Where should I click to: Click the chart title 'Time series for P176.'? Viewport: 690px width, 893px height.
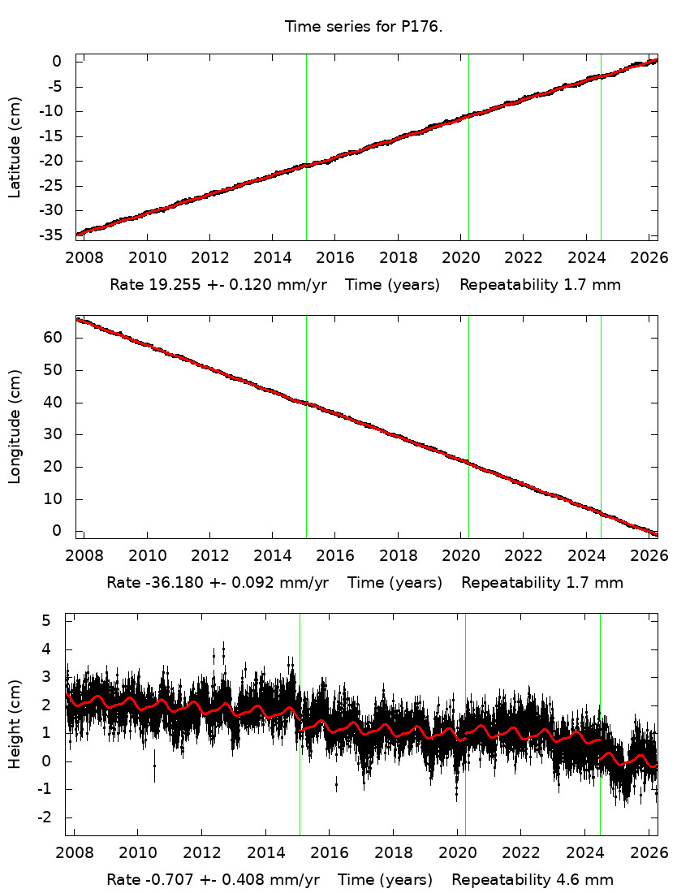(363, 27)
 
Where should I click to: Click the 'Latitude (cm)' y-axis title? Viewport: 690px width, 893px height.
(15, 147)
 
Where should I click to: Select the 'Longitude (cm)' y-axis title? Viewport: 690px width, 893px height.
(15, 427)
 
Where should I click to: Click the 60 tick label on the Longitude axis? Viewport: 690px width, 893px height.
(53, 338)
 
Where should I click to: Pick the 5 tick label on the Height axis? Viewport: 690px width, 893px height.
(46, 621)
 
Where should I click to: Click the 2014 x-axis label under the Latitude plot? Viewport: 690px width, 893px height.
(272, 258)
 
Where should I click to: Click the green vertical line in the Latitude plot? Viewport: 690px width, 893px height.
(601, 146)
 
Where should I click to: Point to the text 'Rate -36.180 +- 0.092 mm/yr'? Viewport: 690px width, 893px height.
(218, 582)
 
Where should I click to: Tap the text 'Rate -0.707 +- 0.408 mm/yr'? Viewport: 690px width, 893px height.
(213, 879)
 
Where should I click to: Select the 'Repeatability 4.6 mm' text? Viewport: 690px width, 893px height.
(533, 879)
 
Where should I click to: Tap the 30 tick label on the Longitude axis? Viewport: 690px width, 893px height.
(53, 434)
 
